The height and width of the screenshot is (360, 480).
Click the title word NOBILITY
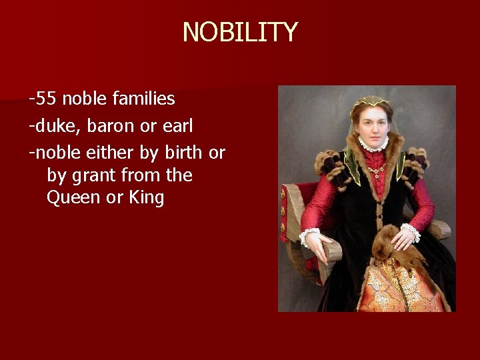tap(240, 32)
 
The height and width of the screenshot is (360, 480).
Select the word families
tap(143, 99)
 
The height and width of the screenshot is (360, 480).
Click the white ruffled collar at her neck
tap(373, 144)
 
